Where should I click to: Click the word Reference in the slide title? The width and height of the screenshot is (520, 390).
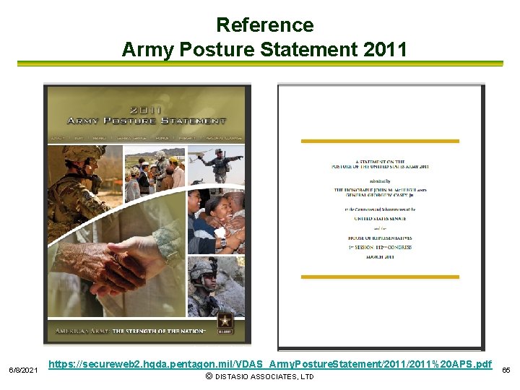click(x=264, y=25)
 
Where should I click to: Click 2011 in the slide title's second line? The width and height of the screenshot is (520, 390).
click(x=385, y=50)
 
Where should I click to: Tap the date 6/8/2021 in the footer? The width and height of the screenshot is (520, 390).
click(x=24, y=370)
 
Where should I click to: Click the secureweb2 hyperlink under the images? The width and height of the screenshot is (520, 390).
click(x=270, y=363)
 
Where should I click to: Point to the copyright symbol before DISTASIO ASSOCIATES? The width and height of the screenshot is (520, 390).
click(x=209, y=377)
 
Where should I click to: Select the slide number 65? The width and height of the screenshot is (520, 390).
click(x=506, y=370)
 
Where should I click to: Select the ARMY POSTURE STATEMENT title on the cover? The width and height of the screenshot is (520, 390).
click(x=147, y=120)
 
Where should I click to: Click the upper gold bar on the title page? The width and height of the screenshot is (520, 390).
click(x=380, y=141)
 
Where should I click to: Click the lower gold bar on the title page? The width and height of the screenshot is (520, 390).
click(x=380, y=277)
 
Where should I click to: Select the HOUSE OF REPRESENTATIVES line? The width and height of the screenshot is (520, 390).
click(x=380, y=238)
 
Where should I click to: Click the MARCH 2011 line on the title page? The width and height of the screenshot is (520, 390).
click(x=380, y=256)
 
